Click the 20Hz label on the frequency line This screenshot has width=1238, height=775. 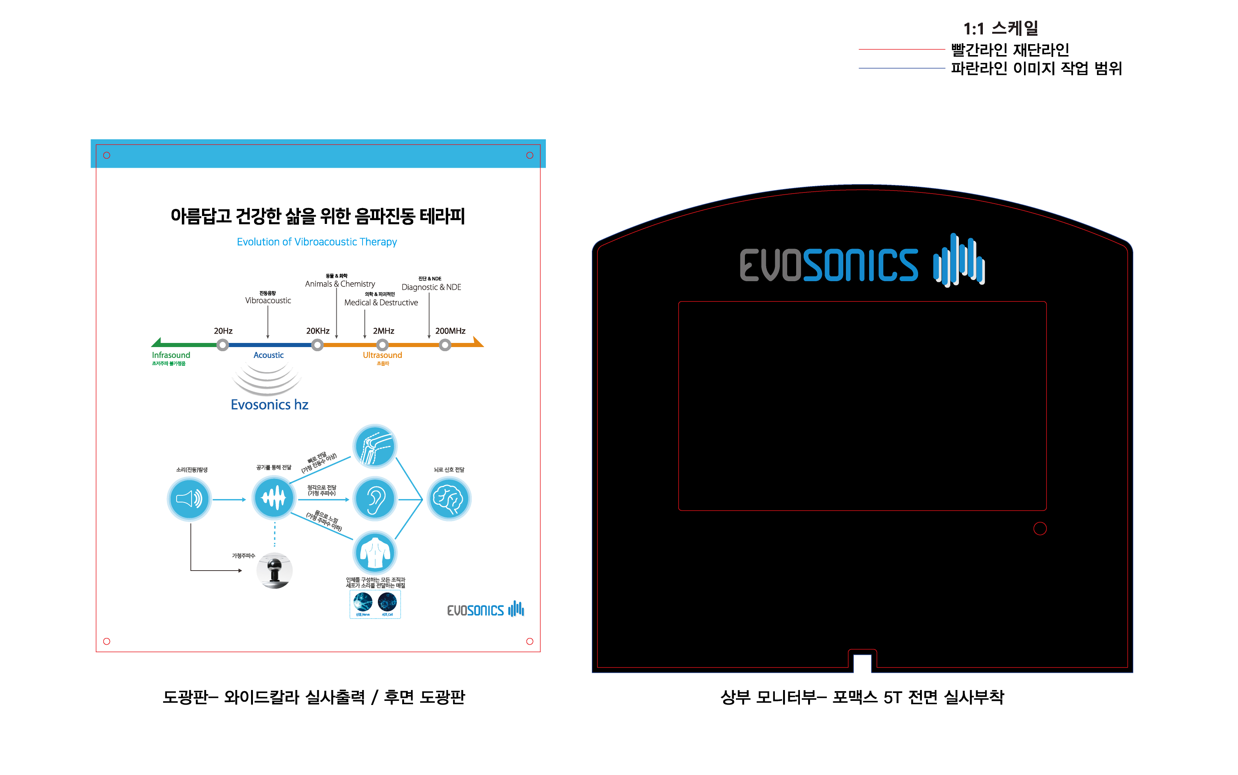point(223,331)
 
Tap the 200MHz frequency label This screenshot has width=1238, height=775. point(450,331)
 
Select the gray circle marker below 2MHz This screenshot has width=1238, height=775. point(382,345)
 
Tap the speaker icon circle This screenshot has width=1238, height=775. point(189,499)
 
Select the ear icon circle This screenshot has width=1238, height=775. point(375,499)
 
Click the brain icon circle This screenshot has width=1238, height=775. point(449,499)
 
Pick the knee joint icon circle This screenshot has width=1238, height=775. point(375,446)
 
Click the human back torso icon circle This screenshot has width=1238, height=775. point(375,553)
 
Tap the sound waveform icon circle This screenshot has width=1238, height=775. point(273,498)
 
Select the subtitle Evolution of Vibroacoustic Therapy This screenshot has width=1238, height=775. point(317,242)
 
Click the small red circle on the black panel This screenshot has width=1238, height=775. point(1040,528)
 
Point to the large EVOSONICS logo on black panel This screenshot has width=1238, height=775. point(862,261)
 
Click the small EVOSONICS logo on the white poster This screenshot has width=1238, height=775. point(485,610)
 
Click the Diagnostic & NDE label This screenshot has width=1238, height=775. point(431,288)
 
